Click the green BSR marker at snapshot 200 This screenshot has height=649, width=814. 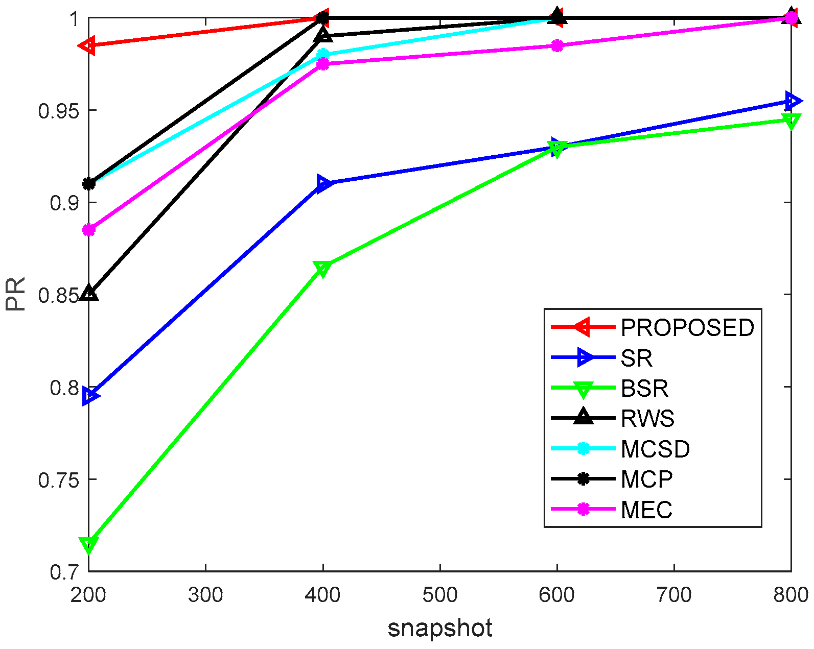pyautogui.click(x=89, y=544)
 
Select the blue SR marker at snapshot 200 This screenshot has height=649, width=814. pyautogui.click(x=90, y=396)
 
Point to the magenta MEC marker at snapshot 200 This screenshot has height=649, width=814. pyautogui.click(x=89, y=230)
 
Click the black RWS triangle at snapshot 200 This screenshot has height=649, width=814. pyautogui.click(x=89, y=293)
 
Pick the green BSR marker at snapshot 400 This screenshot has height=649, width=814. pyautogui.click(x=322, y=268)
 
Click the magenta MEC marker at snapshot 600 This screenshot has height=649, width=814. pyautogui.click(x=557, y=46)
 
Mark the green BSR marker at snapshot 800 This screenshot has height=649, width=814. pyautogui.click(x=791, y=121)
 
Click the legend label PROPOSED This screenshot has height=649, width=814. pyautogui.click(x=687, y=328)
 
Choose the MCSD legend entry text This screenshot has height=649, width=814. pyautogui.click(x=655, y=449)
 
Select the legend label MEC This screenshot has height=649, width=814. pyautogui.click(x=646, y=510)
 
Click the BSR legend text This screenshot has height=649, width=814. pyautogui.click(x=644, y=389)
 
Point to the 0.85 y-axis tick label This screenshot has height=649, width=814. pyautogui.click(x=59, y=295)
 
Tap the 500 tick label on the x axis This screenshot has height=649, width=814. pyautogui.click(x=440, y=595)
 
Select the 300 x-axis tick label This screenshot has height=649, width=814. pyautogui.click(x=205, y=595)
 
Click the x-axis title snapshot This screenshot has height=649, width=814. pyautogui.click(x=440, y=628)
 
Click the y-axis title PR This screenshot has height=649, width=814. pyautogui.click(x=16, y=295)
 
